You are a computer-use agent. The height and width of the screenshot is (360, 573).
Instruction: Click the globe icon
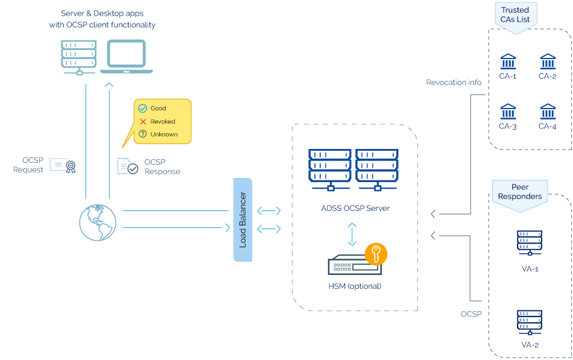(x=98, y=222)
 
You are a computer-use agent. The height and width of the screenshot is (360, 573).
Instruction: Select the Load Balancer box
(x=242, y=219)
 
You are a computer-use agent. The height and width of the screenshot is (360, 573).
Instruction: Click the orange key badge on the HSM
(x=376, y=254)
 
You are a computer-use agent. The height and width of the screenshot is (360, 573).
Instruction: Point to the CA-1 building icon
(x=508, y=62)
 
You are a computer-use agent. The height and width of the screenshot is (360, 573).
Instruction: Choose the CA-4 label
(x=547, y=127)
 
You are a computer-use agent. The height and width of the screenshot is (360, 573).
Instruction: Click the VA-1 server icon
(x=529, y=242)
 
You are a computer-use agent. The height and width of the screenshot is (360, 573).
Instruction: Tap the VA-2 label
(x=529, y=345)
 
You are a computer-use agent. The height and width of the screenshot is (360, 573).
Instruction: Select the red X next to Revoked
(x=143, y=121)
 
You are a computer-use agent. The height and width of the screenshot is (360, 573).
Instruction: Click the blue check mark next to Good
(x=143, y=109)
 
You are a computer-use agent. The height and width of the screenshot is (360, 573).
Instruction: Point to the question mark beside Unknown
(x=143, y=134)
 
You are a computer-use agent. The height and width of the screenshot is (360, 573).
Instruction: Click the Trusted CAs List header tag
(x=514, y=14)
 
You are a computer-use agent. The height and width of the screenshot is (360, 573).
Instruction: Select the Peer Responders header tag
(x=519, y=192)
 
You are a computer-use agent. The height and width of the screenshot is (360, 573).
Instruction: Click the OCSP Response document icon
(x=128, y=166)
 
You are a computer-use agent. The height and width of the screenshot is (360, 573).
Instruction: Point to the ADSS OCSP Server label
(x=355, y=208)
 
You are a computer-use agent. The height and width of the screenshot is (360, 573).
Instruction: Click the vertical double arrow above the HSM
(x=353, y=234)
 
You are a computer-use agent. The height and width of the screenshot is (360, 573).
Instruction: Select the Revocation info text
(x=454, y=83)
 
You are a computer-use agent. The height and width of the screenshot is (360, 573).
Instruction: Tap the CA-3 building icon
(x=508, y=112)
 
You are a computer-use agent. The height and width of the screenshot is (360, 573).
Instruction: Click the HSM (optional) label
(x=355, y=286)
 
